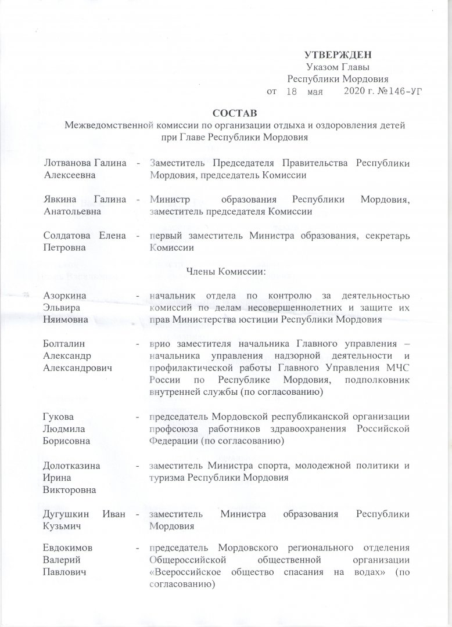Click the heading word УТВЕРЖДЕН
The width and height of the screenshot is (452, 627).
point(338,55)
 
